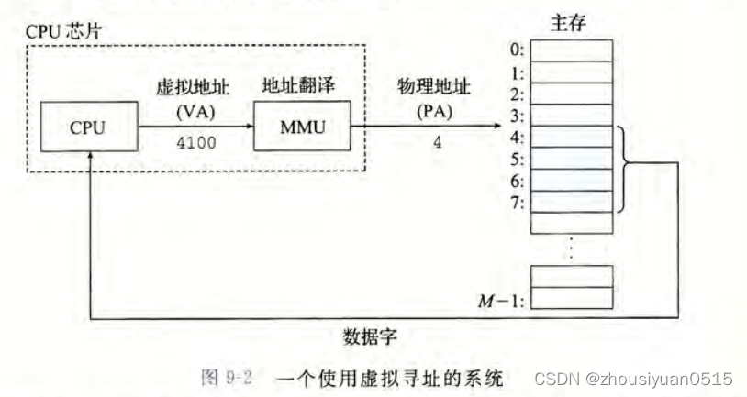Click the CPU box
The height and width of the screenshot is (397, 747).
coord(88,127)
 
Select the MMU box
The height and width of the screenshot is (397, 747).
coord(303,127)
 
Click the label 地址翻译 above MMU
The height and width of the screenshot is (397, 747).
coord(303,86)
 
